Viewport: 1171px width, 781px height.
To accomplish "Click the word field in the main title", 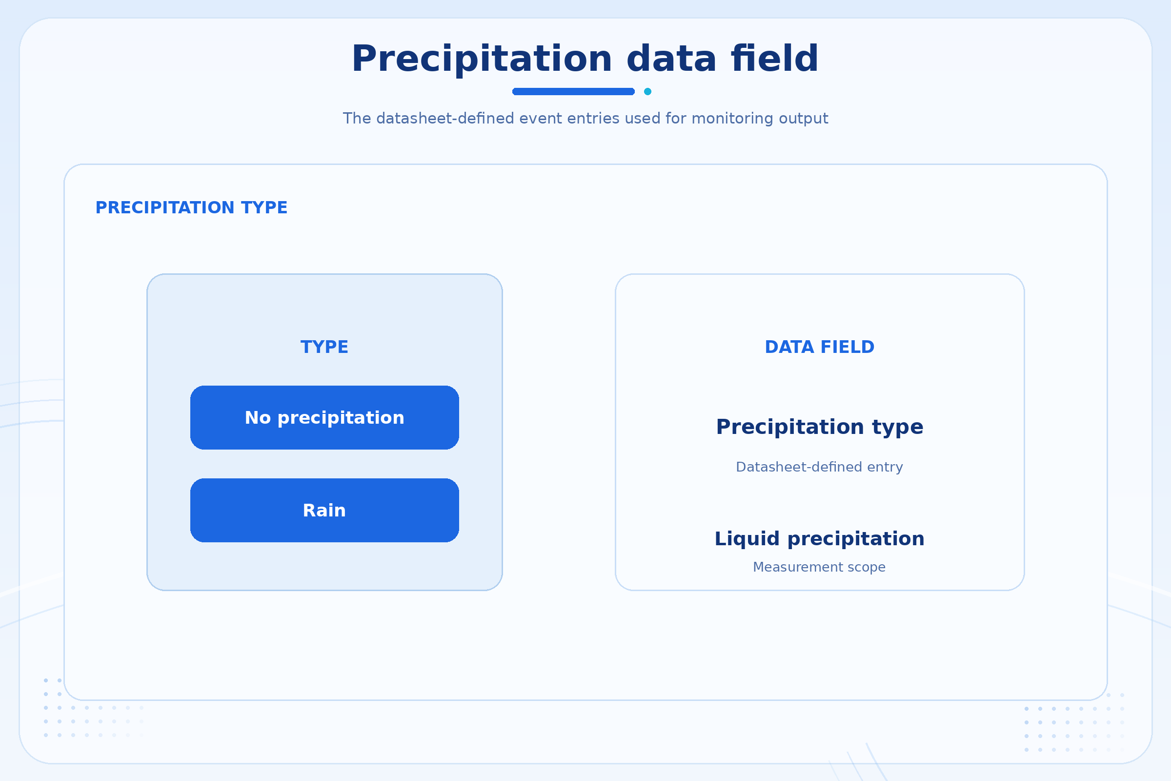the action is (x=775, y=58).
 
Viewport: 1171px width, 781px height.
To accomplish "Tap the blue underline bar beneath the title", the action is (x=574, y=91).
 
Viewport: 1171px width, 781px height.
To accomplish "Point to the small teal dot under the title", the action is (x=648, y=91).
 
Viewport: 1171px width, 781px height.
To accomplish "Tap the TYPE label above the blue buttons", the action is (x=324, y=347).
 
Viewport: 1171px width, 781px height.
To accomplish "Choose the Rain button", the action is (x=324, y=510).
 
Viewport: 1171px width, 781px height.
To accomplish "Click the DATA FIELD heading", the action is (x=820, y=347).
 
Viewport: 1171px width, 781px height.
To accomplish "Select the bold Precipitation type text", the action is (x=820, y=428).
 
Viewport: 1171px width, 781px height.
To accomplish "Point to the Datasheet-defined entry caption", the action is (x=820, y=467).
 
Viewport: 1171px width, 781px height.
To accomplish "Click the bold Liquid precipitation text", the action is (x=820, y=539).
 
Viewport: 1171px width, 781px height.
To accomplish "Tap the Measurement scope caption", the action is (x=820, y=567).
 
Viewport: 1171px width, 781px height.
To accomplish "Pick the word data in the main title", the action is (x=672, y=58).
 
